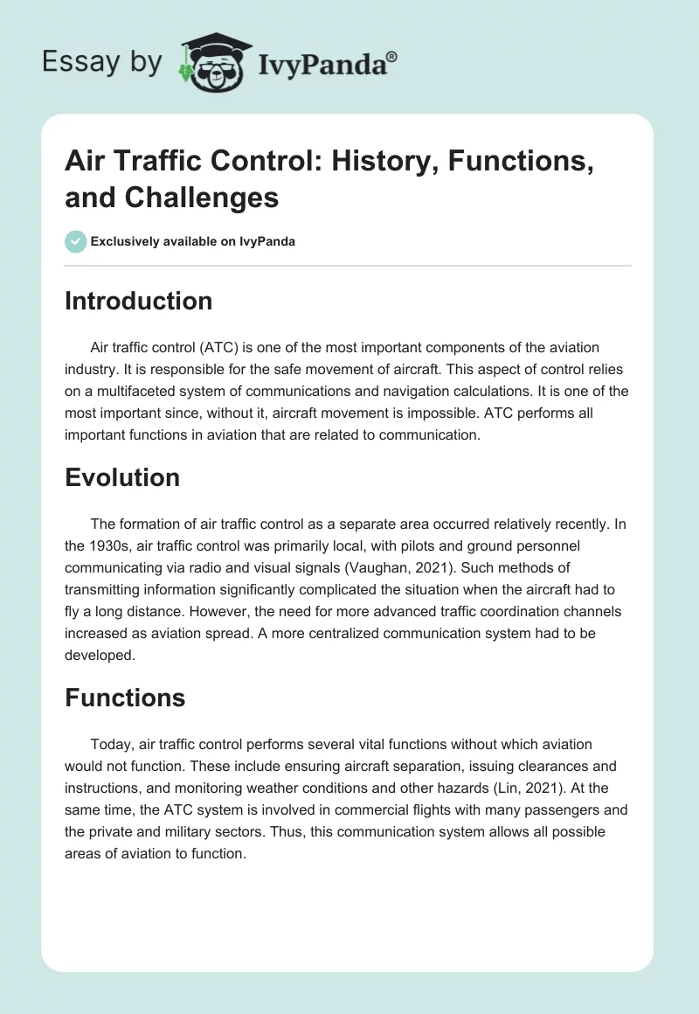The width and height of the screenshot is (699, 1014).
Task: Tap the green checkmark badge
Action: pyautogui.click(x=76, y=242)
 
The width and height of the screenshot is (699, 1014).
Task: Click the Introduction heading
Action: pyautogui.click(x=139, y=301)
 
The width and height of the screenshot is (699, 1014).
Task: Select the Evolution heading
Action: pyautogui.click(x=122, y=477)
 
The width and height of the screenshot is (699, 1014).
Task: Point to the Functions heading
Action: pyautogui.click(x=125, y=698)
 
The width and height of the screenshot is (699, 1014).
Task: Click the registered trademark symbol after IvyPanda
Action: pyautogui.click(x=392, y=57)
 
